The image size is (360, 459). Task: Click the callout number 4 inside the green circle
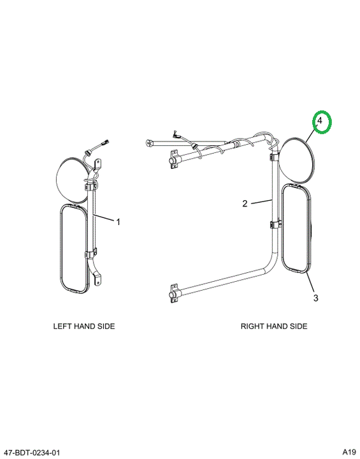pos(320,120)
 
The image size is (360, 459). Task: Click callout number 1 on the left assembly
pos(118,222)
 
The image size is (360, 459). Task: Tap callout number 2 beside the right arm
pos(245,203)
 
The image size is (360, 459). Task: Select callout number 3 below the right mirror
pos(315,298)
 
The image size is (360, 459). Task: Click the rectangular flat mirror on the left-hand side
pos(74,249)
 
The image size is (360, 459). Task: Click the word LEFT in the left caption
pos(63,326)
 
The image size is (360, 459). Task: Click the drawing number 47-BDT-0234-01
pos(32,453)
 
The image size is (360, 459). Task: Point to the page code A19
pos(349,451)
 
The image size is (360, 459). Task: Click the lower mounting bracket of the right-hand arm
pos(173,292)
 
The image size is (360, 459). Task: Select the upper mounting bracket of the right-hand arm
pos(173,159)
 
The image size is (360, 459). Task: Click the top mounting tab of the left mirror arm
pos(97,164)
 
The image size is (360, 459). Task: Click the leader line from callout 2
pos(262,201)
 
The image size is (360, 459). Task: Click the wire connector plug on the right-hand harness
pos(176,135)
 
